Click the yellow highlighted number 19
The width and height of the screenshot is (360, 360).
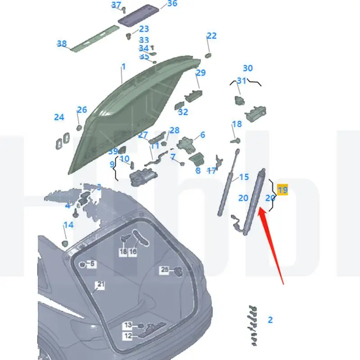click(283, 190)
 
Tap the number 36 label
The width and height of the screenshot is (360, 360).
click(172, 4)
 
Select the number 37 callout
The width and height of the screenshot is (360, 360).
click(116, 5)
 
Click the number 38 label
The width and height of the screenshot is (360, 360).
click(62, 44)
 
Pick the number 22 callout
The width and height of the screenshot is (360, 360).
click(211, 36)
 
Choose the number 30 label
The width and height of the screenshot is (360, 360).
click(248, 68)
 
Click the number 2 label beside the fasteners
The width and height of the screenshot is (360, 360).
click(270, 320)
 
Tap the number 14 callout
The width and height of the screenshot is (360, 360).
click(68, 225)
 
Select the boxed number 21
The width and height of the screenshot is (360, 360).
click(99, 284)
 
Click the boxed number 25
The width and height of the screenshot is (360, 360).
click(165, 270)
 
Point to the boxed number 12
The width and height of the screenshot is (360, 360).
click(128, 336)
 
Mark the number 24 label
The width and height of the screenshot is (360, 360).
click(59, 117)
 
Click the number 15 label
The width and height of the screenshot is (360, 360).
click(243, 177)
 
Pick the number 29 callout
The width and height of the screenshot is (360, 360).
click(200, 73)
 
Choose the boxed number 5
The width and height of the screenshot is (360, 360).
click(92, 264)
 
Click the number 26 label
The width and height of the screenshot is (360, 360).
click(81, 110)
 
